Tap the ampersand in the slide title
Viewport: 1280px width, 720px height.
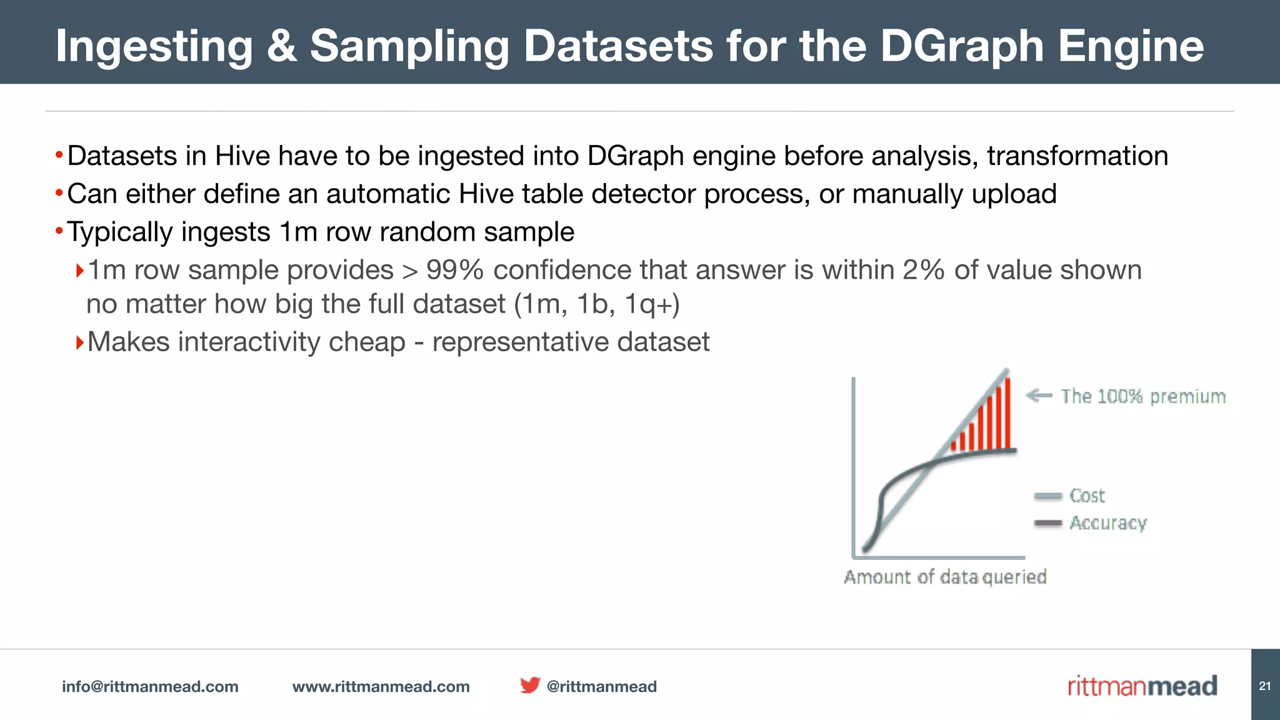coord(281,46)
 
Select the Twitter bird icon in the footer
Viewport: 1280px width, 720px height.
coord(529,685)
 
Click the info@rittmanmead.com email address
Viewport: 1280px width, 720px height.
coord(150,686)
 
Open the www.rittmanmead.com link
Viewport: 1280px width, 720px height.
coord(381,686)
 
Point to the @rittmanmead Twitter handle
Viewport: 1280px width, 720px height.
coord(601,686)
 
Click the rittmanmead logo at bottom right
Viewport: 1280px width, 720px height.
coord(1142,686)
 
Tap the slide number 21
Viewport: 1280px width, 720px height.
coord(1264,686)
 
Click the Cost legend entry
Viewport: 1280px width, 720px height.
coord(1086,496)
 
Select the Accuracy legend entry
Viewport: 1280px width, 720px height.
coord(1107,522)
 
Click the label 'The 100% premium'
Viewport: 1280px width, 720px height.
coord(1142,396)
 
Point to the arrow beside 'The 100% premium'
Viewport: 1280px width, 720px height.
coord(1039,395)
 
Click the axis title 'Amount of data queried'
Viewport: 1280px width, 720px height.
coord(945,576)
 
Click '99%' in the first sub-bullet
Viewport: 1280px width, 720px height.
coord(455,270)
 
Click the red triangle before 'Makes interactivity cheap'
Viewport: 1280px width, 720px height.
coord(79,342)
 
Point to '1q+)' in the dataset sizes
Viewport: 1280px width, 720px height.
coord(651,304)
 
